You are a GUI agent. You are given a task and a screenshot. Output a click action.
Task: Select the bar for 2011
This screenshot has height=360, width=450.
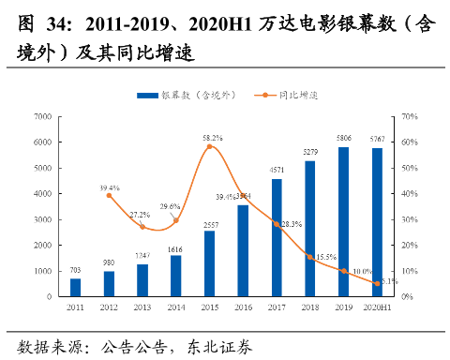coord(75,287)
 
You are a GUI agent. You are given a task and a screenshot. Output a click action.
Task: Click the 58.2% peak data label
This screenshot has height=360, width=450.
coord(212,138)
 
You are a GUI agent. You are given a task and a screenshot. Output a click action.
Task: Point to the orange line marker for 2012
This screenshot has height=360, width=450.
coord(109,195)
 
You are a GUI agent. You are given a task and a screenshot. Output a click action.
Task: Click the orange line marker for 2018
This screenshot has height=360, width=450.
coord(310,256)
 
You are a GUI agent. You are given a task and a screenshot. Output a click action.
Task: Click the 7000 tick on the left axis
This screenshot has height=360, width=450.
coord(40,116)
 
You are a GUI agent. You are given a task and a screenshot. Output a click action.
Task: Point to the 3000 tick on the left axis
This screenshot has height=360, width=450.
coord(40,219)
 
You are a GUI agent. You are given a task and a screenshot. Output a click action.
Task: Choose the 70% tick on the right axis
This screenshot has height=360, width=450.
coord(408,116)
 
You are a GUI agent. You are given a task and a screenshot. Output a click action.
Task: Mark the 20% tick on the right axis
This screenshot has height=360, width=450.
coord(408,245)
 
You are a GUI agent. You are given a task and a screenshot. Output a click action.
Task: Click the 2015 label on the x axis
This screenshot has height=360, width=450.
coord(209,306)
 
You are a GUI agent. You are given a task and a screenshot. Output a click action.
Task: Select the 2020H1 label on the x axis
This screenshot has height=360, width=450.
coord(376,306)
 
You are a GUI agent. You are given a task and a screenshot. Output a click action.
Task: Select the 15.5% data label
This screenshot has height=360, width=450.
coord(325,256)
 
